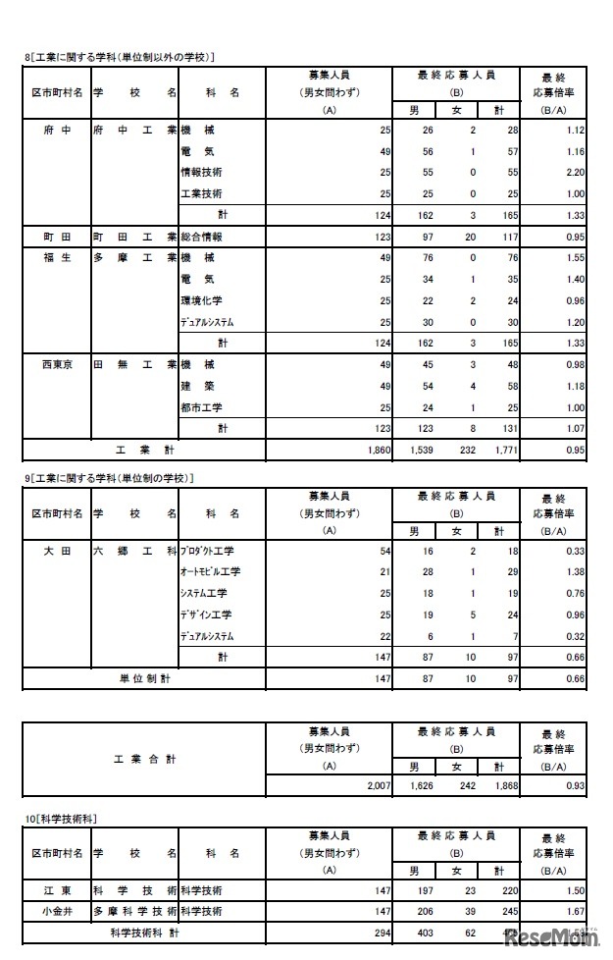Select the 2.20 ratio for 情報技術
(x=575, y=171)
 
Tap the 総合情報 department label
(x=201, y=237)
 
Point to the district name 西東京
(x=56, y=364)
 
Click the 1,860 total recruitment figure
(x=377, y=450)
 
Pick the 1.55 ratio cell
(x=575, y=257)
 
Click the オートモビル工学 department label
(x=210, y=571)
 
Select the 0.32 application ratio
(x=575, y=635)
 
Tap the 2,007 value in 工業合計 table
(x=377, y=787)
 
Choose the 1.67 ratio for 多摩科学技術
(x=575, y=912)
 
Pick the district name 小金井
(x=56, y=912)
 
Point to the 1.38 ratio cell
(x=575, y=571)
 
